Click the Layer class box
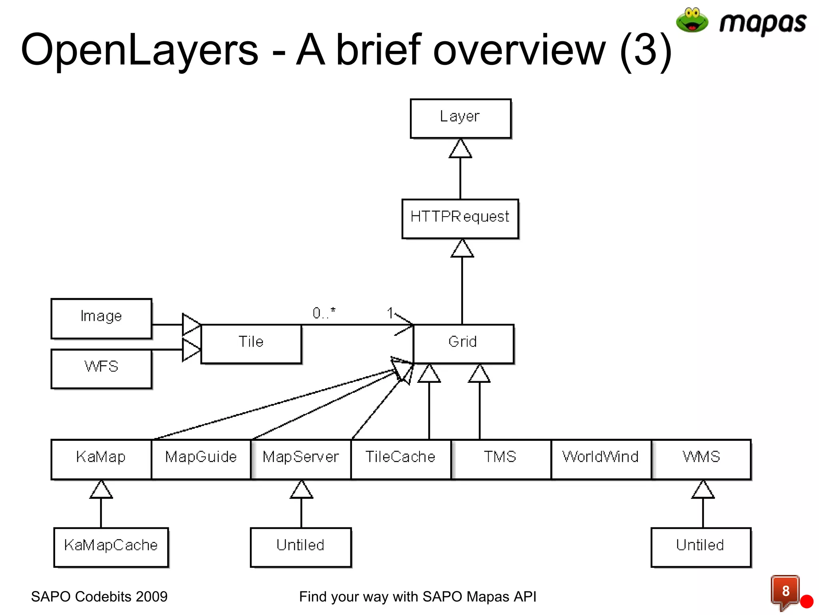point(460,119)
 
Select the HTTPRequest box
point(460,219)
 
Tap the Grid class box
point(463,344)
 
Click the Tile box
point(251,344)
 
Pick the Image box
point(101,318)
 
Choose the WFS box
point(101,368)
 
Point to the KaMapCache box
point(111,547)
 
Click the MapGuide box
point(201,459)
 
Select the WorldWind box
point(601,459)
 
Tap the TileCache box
point(401,459)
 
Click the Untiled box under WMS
point(701,547)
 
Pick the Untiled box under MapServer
point(301,547)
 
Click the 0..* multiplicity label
point(324,313)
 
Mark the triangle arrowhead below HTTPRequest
point(462,249)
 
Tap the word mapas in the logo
point(762,23)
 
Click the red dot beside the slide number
point(807,601)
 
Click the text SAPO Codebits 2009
point(99,597)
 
